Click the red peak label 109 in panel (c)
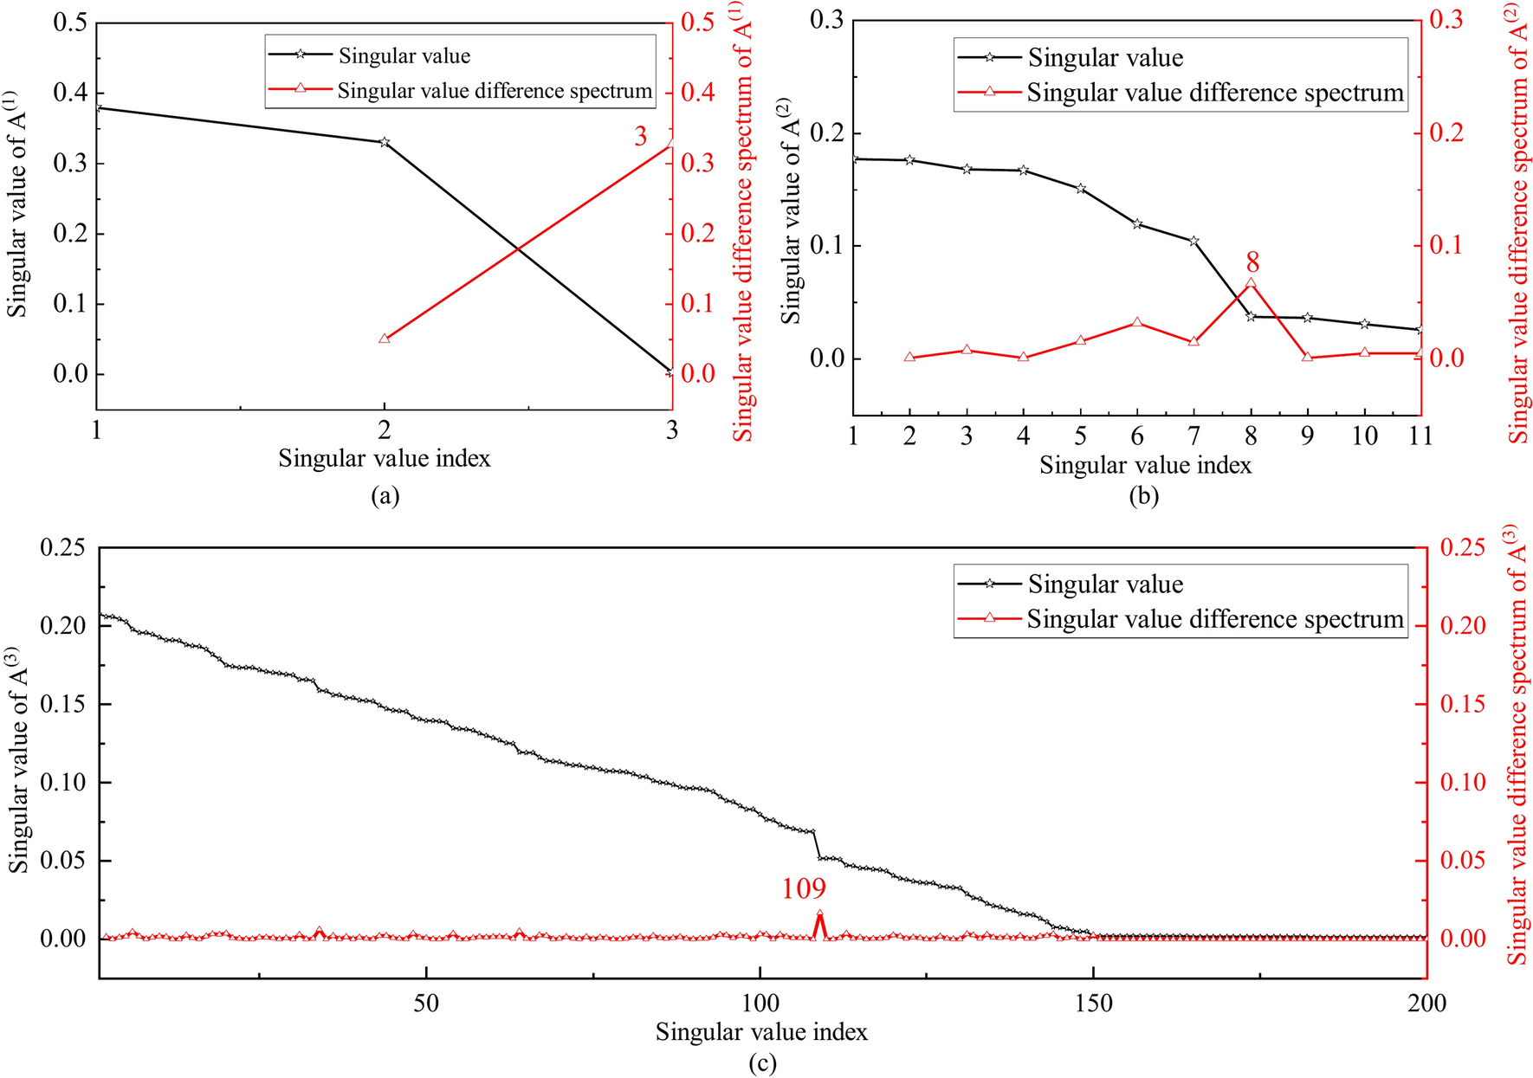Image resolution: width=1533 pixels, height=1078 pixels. point(804,888)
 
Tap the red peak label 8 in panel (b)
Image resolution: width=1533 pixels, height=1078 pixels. point(1252,262)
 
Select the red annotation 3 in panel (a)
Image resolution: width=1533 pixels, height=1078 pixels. point(640,137)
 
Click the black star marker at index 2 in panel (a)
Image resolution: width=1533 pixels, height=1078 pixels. point(385,142)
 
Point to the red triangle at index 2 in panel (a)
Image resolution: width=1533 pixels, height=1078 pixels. point(385,339)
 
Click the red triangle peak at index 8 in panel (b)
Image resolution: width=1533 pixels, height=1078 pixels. point(1251,283)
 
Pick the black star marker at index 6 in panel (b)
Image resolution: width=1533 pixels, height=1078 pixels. point(1137,224)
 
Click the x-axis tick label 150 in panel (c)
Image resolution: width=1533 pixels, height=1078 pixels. point(1093,1004)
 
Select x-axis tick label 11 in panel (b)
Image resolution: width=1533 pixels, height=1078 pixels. point(1420,436)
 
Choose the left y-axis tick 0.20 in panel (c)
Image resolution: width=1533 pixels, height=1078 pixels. point(63,626)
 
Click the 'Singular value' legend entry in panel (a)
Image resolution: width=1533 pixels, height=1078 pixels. point(404,56)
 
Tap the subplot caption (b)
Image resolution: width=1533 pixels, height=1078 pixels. point(1143,496)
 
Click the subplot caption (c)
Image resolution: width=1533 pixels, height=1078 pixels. point(762,1063)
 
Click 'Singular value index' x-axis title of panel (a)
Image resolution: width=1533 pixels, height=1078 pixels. point(385,459)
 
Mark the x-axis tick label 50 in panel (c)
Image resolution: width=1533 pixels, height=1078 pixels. point(425,1004)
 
